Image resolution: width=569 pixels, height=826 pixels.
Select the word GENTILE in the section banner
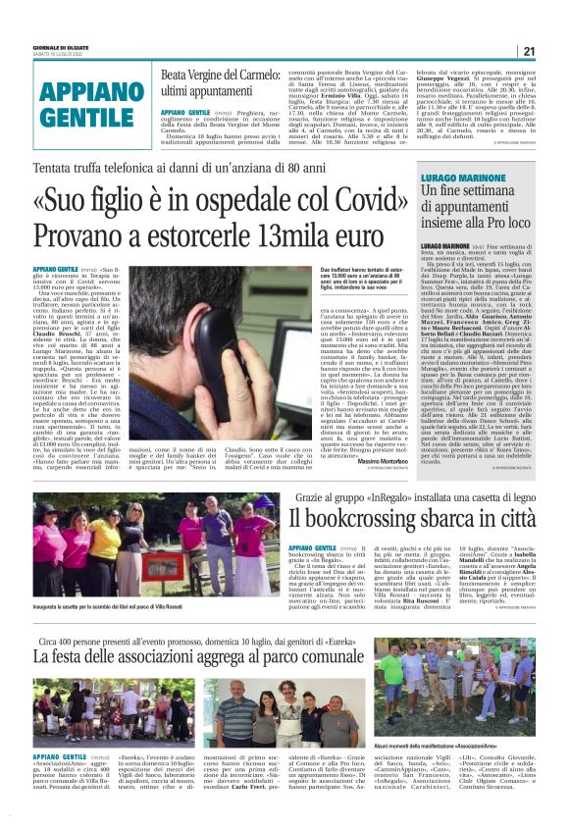coord(81,116)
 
